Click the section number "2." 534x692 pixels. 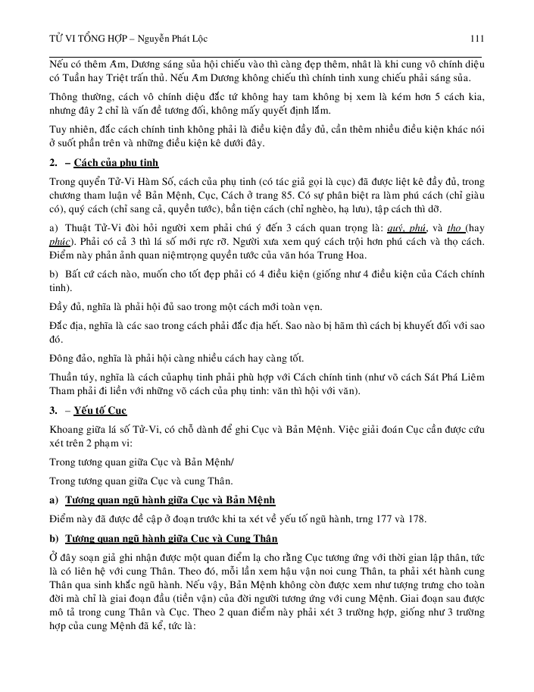pos(54,164)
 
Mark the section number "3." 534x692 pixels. pos(54,410)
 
